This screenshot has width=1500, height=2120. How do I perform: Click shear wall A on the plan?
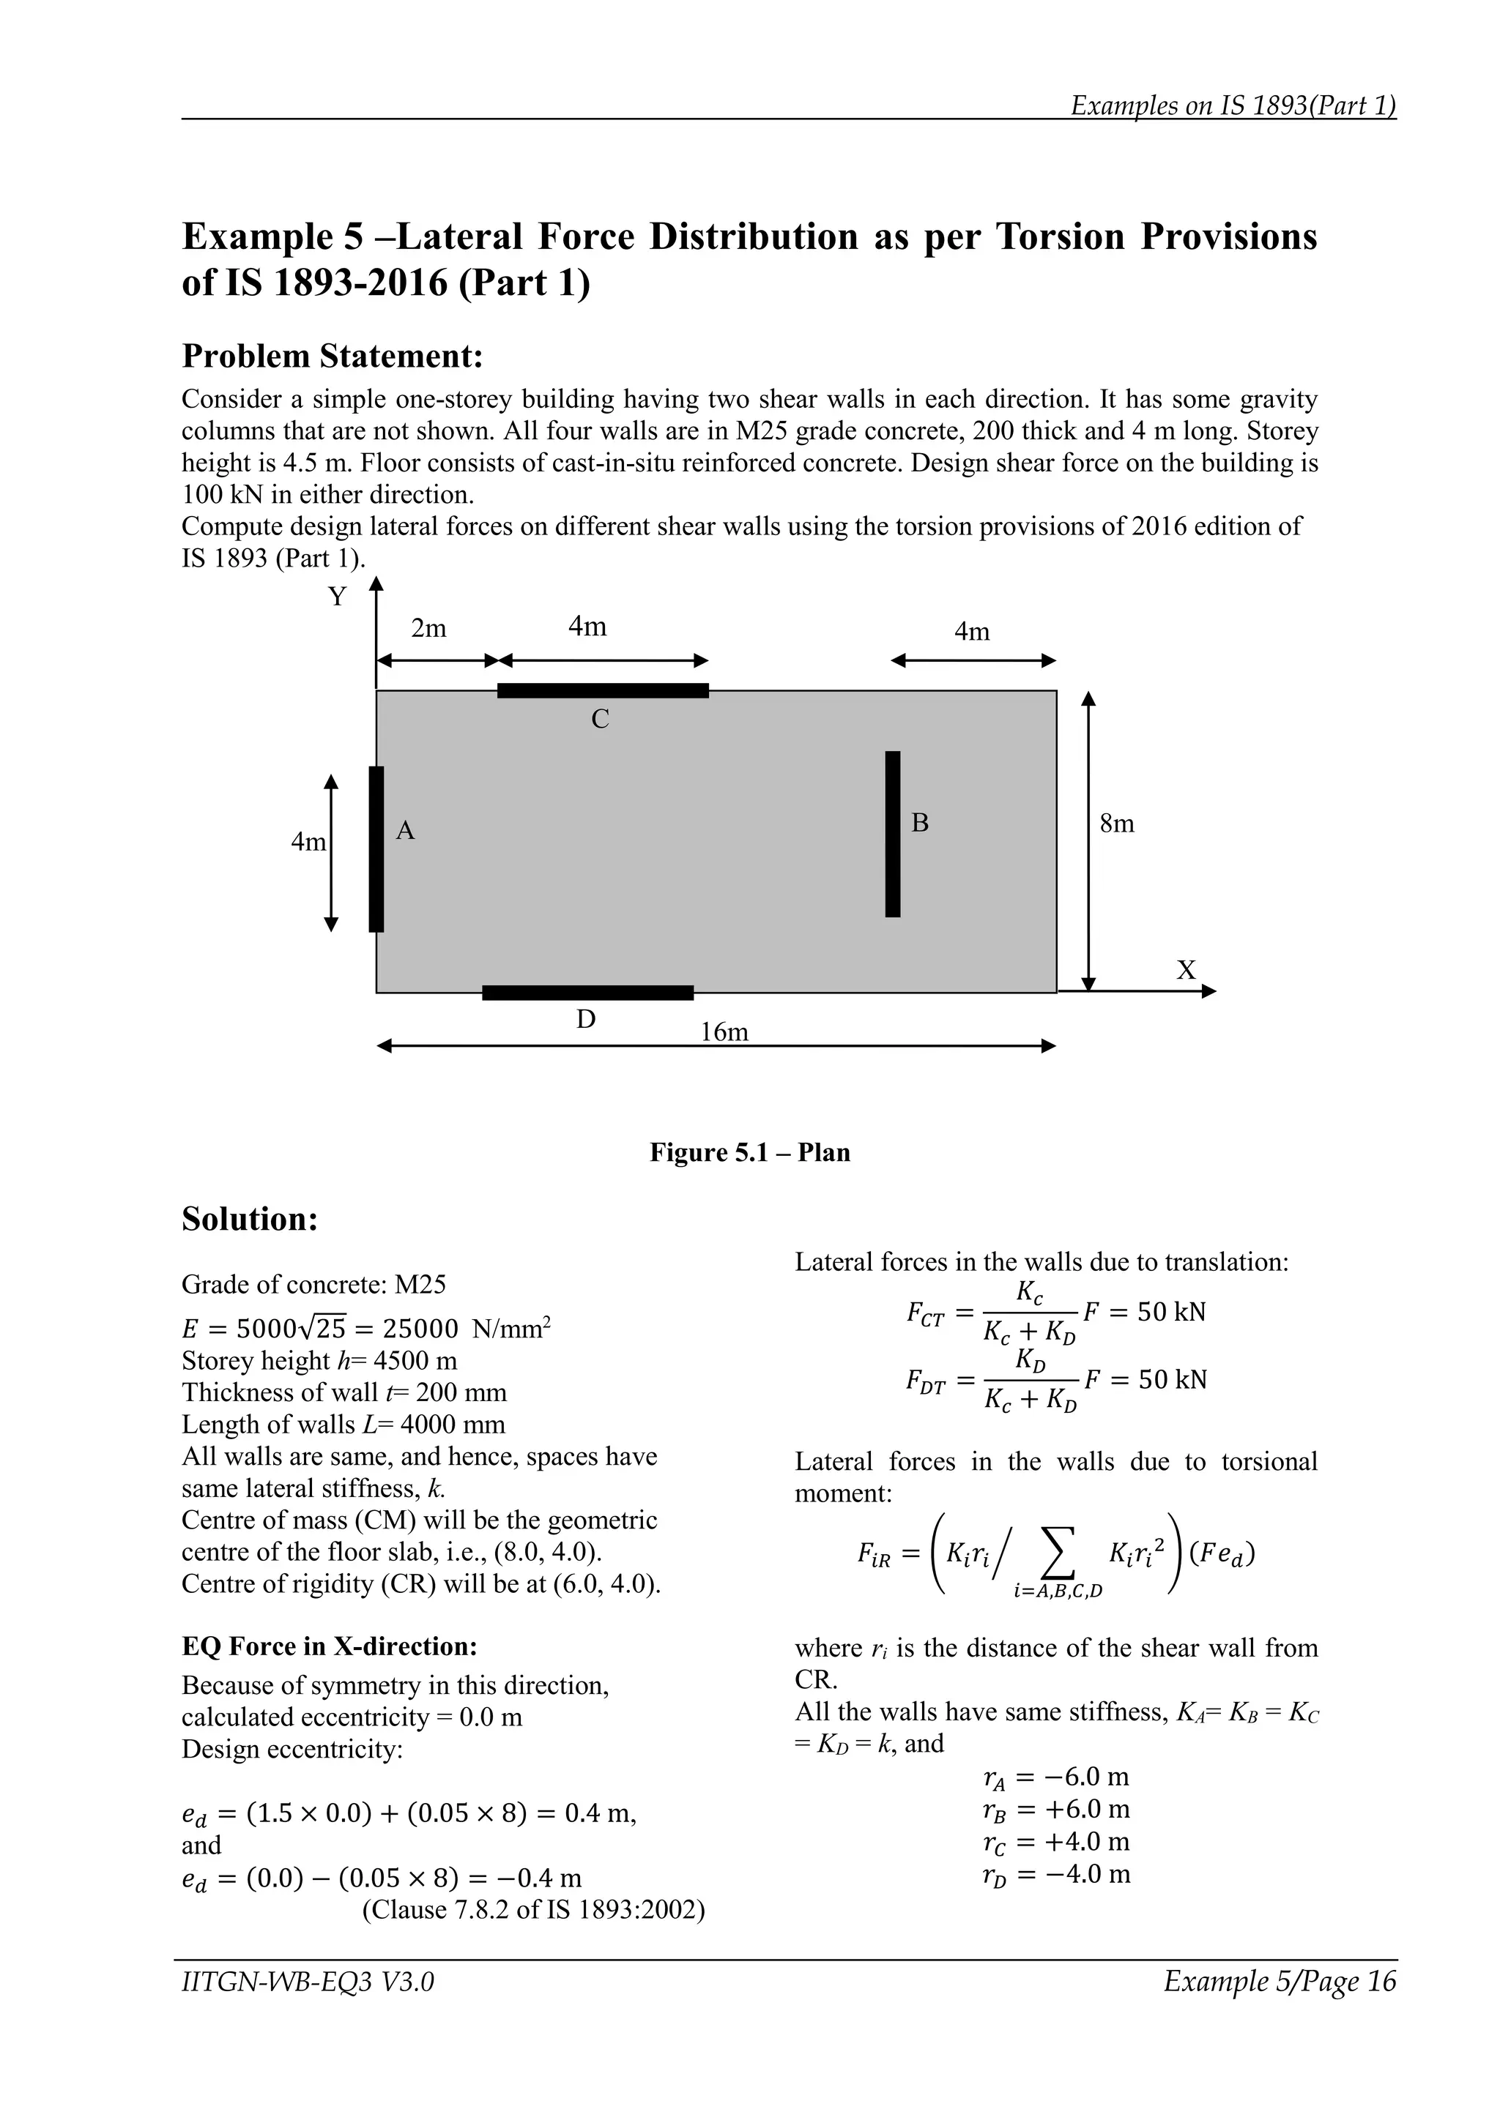click(x=376, y=848)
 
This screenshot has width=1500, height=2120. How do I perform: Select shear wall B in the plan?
click(x=892, y=834)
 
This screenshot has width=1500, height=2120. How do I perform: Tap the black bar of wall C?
click(x=602, y=690)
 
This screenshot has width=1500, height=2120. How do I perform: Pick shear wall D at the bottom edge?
click(x=587, y=993)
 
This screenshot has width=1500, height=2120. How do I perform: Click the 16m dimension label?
click(x=724, y=1032)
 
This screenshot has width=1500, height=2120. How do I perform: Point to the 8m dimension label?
click(x=1117, y=824)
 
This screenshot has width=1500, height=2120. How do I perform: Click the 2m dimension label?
click(x=428, y=629)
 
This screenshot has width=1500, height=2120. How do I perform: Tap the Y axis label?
click(x=338, y=597)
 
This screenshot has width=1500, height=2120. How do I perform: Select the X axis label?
click(x=1186, y=971)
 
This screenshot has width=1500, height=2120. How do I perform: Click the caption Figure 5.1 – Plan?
click(x=749, y=1152)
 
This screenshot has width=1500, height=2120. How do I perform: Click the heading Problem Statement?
click(x=333, y=357)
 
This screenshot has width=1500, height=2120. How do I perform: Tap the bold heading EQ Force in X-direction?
click(x=329, y=1646)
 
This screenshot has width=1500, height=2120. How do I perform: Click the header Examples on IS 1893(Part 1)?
click(x=1232, y=105)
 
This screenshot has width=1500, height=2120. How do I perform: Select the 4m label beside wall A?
click(x=308, y=842)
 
